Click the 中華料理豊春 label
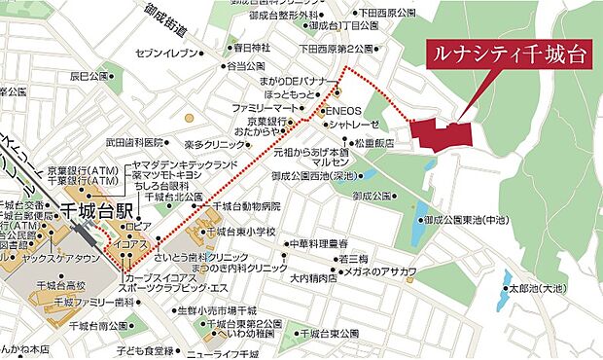pos(318,244)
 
